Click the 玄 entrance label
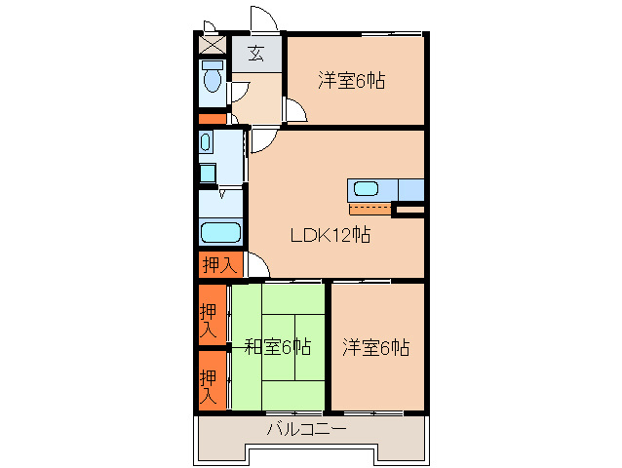tap(255, 53)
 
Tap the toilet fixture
tap(211, 78)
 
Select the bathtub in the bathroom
tap(219, 234)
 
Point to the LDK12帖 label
tap(329, 235)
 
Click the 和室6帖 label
tap(277, 346)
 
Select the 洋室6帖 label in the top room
tap(351, 81)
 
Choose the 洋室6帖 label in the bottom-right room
tap(375, 347)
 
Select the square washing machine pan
tap(207, 174)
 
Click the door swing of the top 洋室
tap(295, 111)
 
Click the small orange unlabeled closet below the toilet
tap(212, 119)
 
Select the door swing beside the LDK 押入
tap(256, 265)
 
